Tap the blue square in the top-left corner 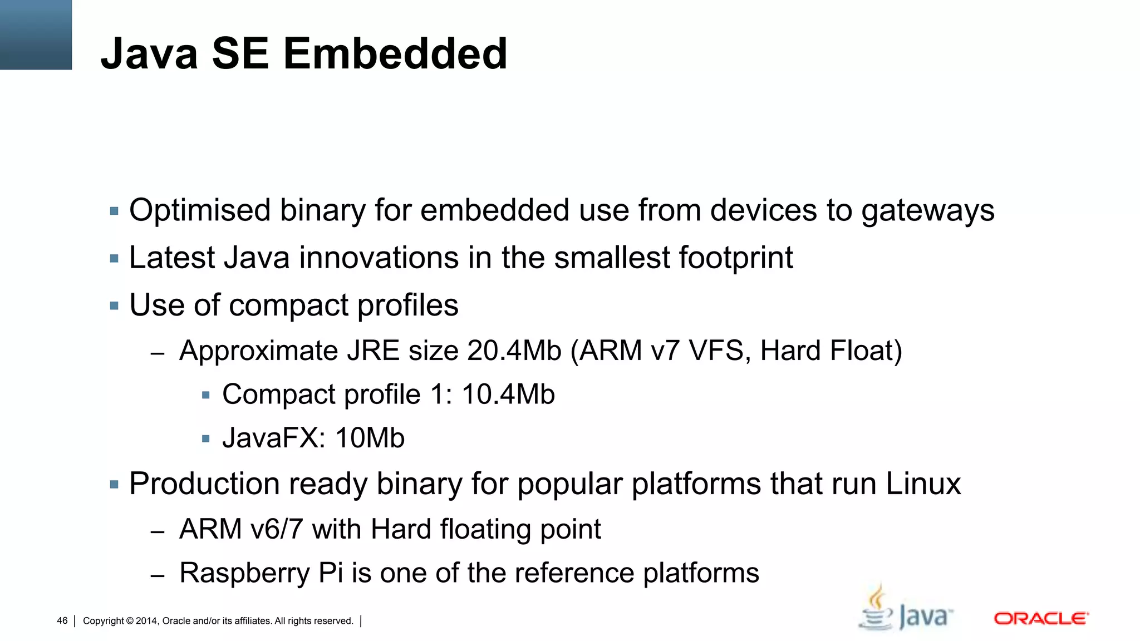(36, 34)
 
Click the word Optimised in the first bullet (200, 211)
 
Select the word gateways (928, 211)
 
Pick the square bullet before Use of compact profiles (115, 306)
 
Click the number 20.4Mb (514, 351)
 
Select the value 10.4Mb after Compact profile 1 (508, 395)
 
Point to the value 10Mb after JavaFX (370, 438)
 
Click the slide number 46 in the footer (62, 621)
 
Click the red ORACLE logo (1041, 619)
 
